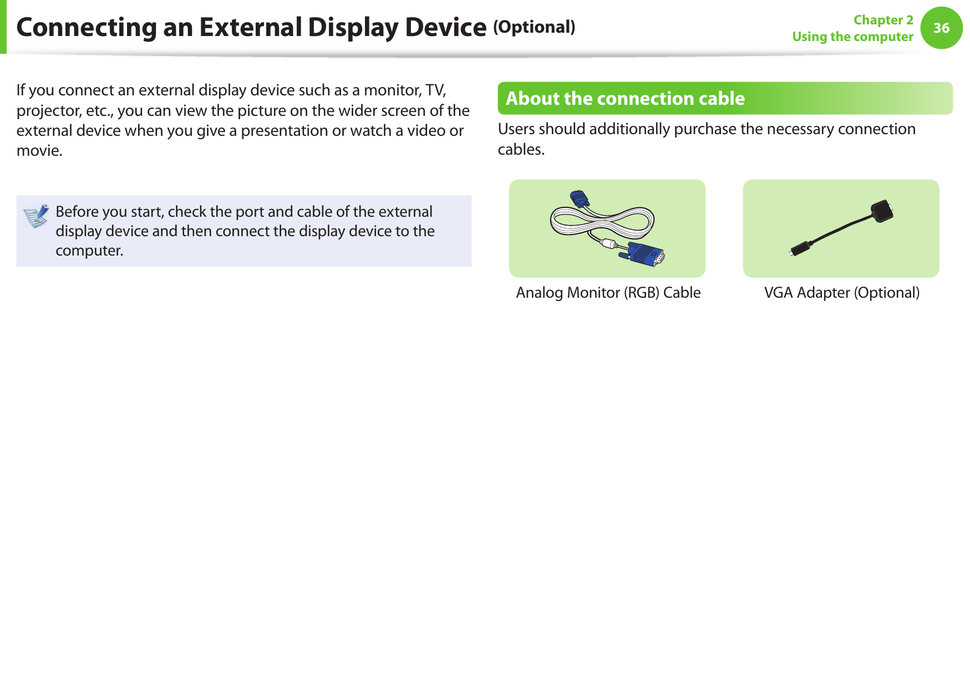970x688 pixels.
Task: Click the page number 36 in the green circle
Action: pyautogui.click(x=941, y=28)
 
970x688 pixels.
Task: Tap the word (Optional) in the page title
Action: pyautogui.click(x=534, y=27)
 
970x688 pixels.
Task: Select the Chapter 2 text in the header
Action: pyautogui.click(x=883, y=20)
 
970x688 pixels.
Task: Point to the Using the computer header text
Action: pyautogui.click(x=852, y=37)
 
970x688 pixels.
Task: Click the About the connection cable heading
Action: pyautogui.click(x=625, y=98)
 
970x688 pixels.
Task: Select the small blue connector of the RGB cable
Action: pyautogui.click(x=580, y=198)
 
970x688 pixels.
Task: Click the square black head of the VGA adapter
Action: pyautogui.click(x=882, y=211)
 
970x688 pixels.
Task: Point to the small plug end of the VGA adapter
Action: pyautogui.click(x=798, y=249)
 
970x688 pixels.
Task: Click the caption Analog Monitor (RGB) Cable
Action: pyautogui.click(x=608, y=293)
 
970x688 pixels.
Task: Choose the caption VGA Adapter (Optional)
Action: pyautogui.click(x=841, y=293)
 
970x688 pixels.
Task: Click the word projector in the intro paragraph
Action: pyautogui.click(x=49, y=111)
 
